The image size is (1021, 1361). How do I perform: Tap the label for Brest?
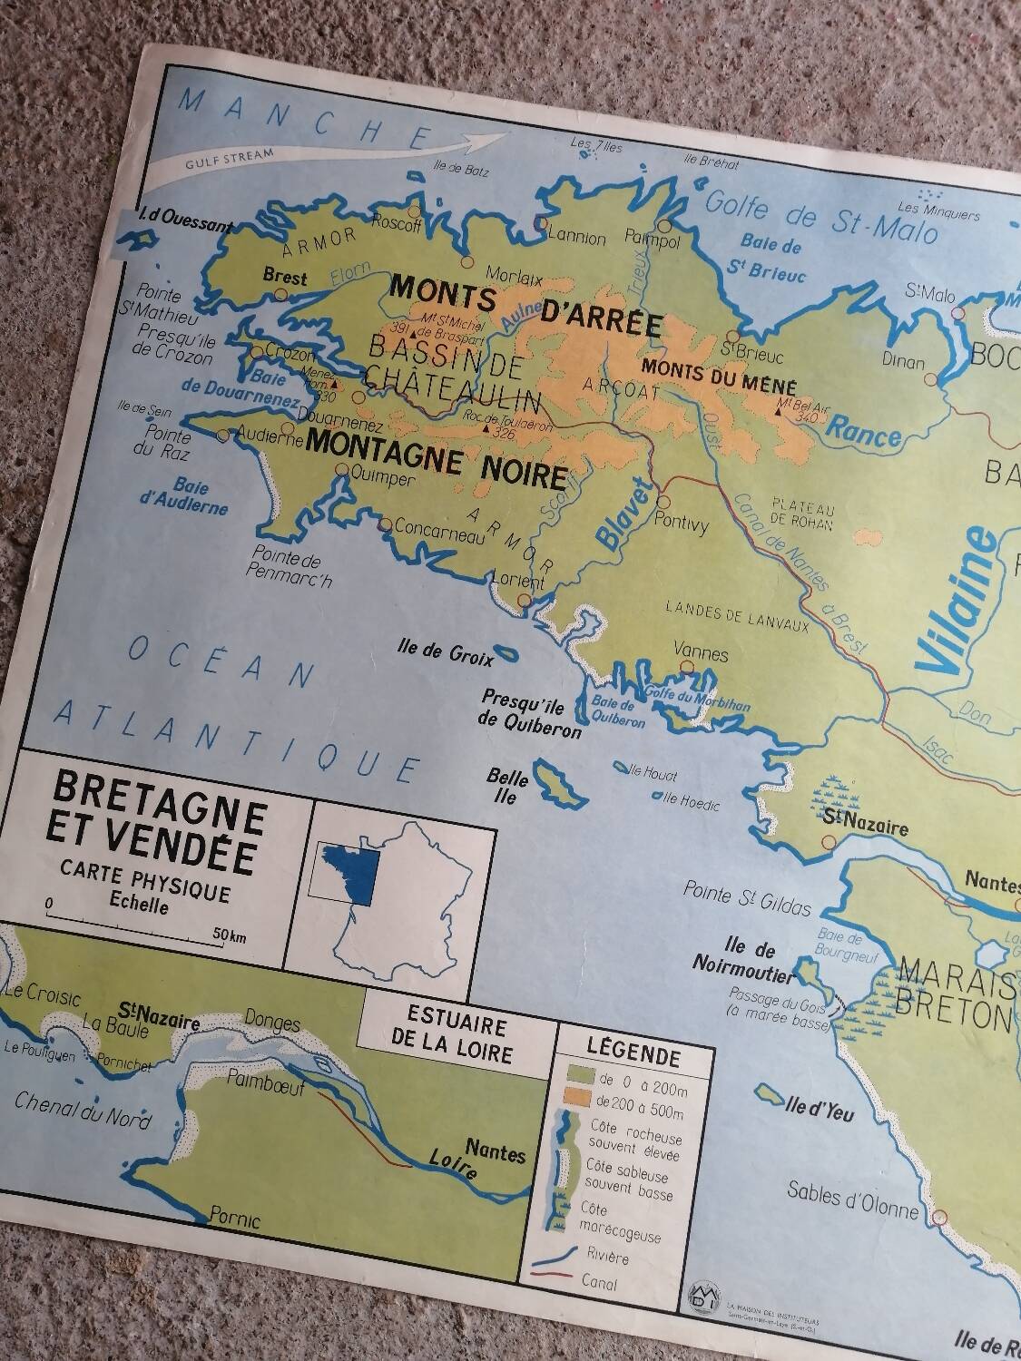click(285, 279)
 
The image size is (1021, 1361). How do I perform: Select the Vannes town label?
click(702, 652)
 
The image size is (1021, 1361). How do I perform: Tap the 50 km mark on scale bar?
click(229, 935)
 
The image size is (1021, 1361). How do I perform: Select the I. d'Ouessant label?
click(182, 224)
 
